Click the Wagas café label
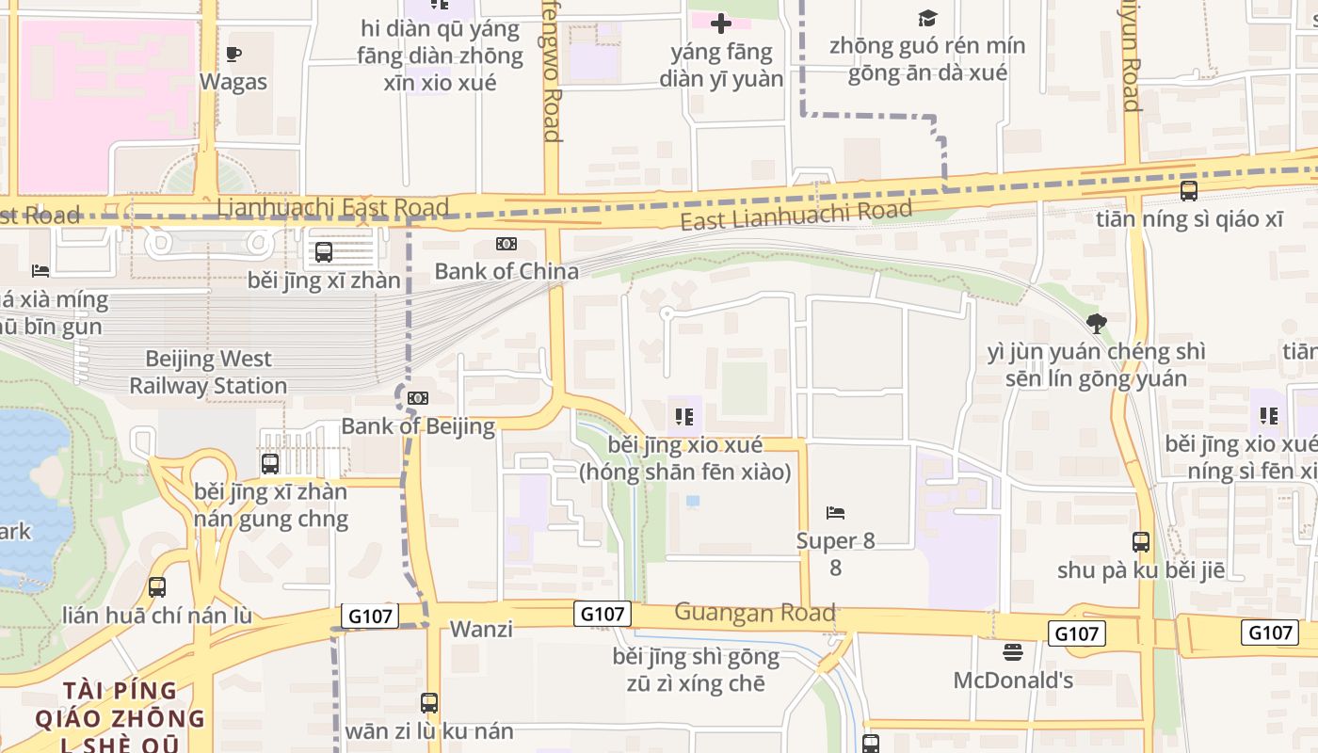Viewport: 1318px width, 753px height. click(x=233, y=82)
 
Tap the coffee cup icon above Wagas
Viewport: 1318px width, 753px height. click(x=233, y=55)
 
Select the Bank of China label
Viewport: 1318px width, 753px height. click(x=506, y=272)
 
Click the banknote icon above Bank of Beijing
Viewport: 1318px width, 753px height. click(x=418, y=398)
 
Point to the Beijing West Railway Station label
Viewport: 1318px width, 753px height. click(x=208, y=372)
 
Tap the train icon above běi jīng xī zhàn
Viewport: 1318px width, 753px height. click(x=324, y=251)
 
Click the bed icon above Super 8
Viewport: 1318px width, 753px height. click(x=835, y=513)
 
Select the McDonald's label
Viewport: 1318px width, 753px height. click(x=1013, y=680)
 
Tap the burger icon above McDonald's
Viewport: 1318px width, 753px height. click(x=1013, y=651)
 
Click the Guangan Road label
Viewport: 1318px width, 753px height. click(x=755, y=613)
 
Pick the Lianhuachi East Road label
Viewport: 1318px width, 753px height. click(x=333, y=207)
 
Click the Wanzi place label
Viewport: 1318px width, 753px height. click(x=481, y=629)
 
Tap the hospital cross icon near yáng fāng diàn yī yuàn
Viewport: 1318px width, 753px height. click(x=721, y=23)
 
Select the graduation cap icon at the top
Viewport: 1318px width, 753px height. click(x=928, y=18)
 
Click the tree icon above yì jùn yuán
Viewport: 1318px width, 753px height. click(x=1096, y=324)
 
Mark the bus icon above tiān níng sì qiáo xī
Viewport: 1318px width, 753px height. click(x=1189, y=191)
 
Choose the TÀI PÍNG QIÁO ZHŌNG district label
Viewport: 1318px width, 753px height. click(x=121, y=705)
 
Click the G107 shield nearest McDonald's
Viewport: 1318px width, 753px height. click(x=1077, y=633)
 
